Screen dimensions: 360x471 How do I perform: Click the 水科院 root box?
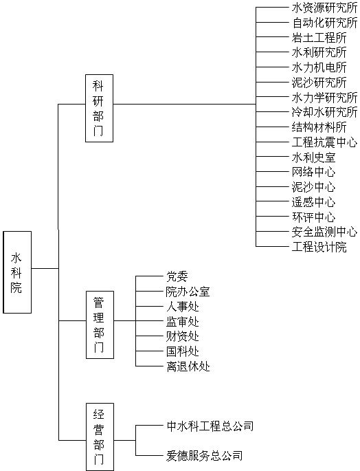[17, 272]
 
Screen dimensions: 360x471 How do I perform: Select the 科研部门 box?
[99, 108]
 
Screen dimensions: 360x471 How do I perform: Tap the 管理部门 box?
[100, 325]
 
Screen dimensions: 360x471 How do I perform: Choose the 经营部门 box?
[100, 437]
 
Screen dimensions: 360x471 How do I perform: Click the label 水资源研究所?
[324, 8]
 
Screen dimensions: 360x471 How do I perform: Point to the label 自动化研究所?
[324, 23]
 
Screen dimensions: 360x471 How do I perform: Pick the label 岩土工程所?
[319, 38]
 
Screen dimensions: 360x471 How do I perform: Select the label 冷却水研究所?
[324, 112]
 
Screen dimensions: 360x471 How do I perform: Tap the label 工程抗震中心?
[324, 142]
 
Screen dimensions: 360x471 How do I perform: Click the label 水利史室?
[313, 157]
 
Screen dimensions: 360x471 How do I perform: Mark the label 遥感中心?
[313, 202]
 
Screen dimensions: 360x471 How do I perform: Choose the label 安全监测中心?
[324, 232]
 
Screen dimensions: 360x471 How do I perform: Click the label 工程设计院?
[319, 247]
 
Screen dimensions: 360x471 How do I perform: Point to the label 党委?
[177, 276]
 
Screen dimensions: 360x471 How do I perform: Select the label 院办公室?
[188, 292]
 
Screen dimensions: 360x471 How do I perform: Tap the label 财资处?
[183, 336]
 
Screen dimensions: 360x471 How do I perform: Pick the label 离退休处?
[188, 366]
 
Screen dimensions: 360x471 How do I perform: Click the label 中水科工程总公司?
[210, 426]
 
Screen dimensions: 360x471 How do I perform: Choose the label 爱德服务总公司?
[205, 456]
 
